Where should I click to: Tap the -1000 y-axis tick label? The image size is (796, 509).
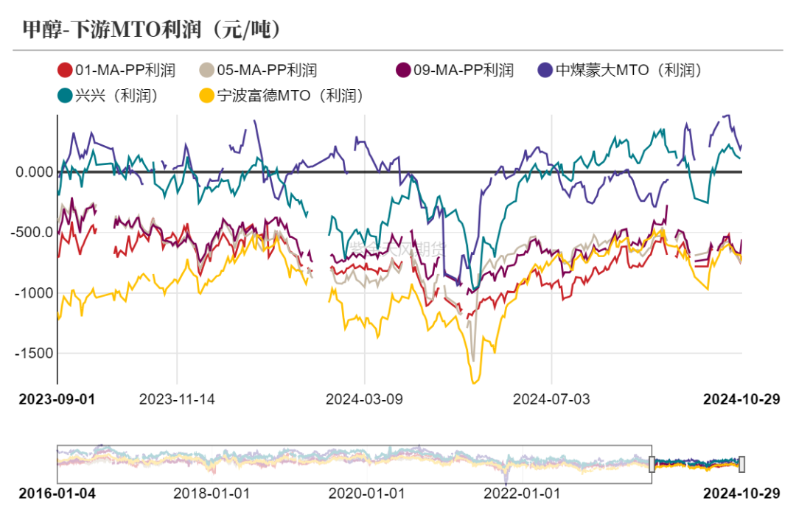tap(34, 293)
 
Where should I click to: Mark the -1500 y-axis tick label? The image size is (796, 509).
tap(34, 354)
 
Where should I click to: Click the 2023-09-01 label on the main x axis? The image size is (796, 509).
tap(57, 399)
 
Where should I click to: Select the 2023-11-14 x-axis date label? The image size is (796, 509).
tap(177, 399)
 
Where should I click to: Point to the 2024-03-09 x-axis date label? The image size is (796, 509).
tap(364, 399)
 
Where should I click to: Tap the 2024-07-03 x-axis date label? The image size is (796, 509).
tap(551, 399)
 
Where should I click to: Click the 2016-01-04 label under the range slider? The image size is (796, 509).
tap(57, 493)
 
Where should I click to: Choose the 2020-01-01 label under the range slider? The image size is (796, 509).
tap(366, 493)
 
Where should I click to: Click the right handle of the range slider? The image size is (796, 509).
tap(741, 464)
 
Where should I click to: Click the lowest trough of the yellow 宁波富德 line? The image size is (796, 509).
tap(475, 382)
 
